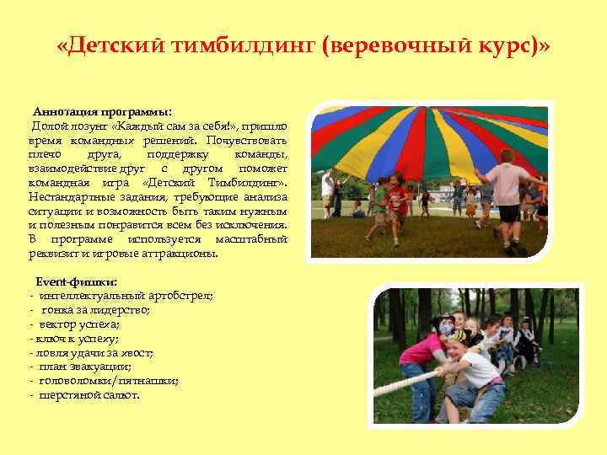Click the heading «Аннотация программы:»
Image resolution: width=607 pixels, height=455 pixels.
tap(102, 112)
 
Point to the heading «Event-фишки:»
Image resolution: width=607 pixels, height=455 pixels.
tap(75, 281)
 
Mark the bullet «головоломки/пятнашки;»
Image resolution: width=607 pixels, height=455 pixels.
tap(109, 381)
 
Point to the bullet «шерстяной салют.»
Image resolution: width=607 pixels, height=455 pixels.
tap(89, 395)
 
